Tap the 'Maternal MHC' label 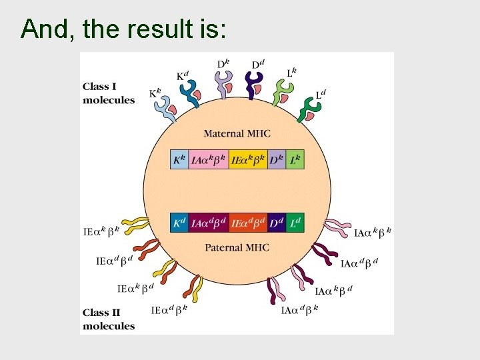(237, 133)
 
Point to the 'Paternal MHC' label (237, 247)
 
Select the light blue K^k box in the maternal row (179, 160)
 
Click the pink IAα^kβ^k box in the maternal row (208, 160)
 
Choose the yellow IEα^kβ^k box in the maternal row (248, 160)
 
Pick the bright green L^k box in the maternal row (295, 160)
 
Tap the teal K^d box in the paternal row (179, 223)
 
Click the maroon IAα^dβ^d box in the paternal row (208, 223)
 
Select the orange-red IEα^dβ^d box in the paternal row (248, 223)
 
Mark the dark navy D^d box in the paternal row (277, 223)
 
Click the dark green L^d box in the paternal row (295, 223)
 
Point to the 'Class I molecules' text (108, 93)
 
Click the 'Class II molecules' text (108, 319)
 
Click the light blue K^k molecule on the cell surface (165, 111)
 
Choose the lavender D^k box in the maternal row (277, 160)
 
